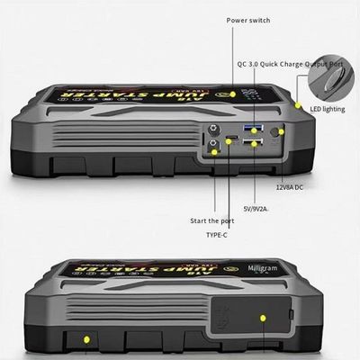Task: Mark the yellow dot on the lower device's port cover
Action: click(x=263, y=319)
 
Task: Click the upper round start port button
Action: click(x=213, y=129)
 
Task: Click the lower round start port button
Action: click(x=213, y=145)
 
